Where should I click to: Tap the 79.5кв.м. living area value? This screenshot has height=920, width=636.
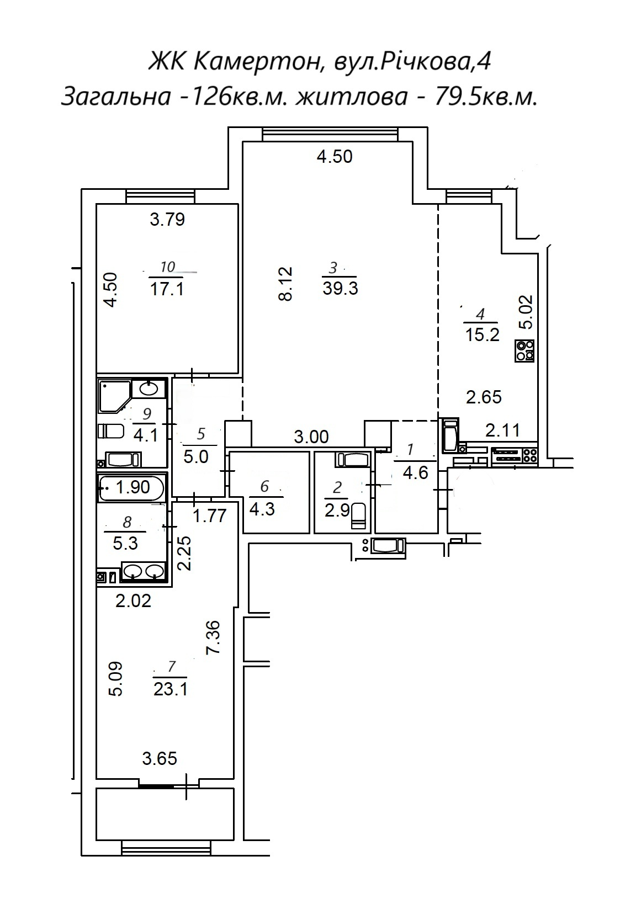click(485, 97)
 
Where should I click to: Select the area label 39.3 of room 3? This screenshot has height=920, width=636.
click(340, 288)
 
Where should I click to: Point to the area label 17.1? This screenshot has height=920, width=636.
click(167, 289)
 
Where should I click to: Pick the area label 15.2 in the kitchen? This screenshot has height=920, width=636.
click(483, 335)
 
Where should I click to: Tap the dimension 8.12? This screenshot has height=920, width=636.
click(285, 284)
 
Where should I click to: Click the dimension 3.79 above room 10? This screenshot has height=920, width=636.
click(167, 219)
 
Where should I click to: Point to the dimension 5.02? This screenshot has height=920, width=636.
click(526, 312)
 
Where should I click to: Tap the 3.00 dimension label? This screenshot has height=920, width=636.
click(311, 437)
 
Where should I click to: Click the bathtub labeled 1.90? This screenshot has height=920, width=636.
click(131, 487)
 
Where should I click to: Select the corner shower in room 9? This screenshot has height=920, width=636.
click(115, 396)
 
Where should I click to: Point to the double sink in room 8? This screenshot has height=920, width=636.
click(144, 571)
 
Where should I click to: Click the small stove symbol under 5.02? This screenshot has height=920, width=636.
click(524, 351)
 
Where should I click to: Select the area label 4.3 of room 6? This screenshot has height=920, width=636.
click(262, 510)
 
